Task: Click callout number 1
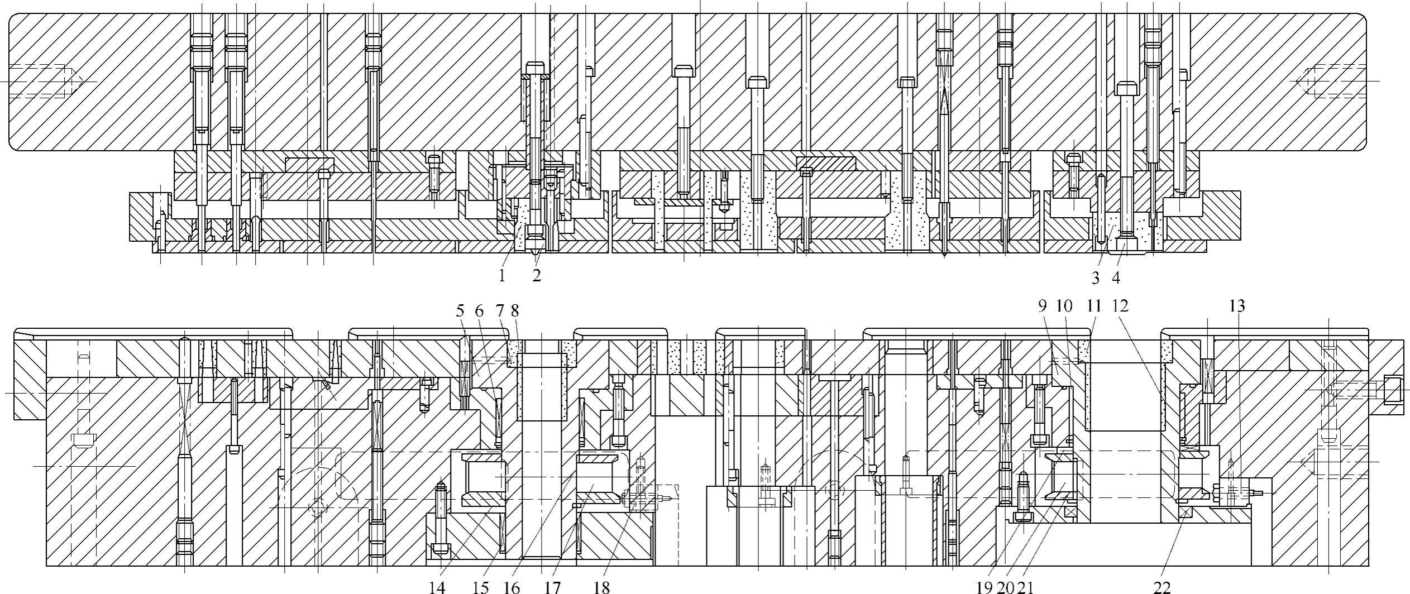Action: point(502,275)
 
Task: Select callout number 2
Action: point(537,275)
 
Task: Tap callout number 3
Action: point(1096,277)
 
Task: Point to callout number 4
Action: point(1116,277)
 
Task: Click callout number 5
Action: point(460,310)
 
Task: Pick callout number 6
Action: point(479,310)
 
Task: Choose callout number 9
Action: point(1043,306)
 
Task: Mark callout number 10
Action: point(1065,306)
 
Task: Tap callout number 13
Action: point(1237,306)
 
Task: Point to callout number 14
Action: point(437,587)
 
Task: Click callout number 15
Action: point(481,587)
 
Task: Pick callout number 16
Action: point(512,587)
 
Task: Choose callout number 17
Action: point(552,587)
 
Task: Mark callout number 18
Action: point(602,587)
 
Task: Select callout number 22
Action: point(1162,587)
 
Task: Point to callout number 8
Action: point(514,310)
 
